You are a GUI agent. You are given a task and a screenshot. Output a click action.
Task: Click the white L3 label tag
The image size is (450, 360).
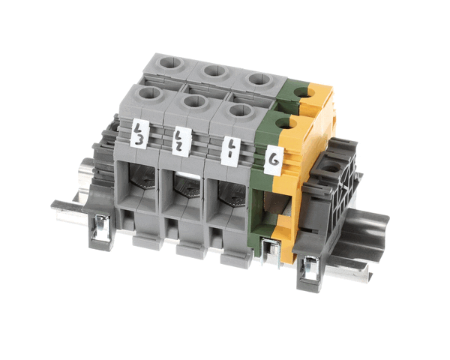coord(139,133)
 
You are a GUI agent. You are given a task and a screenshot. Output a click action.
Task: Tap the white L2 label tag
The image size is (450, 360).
coord(181,142)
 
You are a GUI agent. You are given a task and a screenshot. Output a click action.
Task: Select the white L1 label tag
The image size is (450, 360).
coord(231,151)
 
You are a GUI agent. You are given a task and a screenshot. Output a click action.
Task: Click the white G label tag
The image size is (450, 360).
coord(274,160)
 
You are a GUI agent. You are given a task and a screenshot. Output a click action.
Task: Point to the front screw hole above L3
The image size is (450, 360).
coord(149,94)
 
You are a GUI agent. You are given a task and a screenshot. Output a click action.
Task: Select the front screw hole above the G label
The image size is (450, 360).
coord(286,124)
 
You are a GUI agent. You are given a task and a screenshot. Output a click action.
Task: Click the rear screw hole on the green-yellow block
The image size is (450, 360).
coord(304,93)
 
